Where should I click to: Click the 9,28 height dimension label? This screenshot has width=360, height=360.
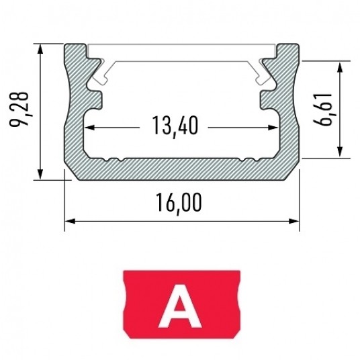tap(19, 109)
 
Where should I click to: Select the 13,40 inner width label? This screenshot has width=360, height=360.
tap(175, 126)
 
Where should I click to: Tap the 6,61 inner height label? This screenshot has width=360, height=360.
tap(323, 109)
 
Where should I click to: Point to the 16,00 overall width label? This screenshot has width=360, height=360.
tap(179, 203)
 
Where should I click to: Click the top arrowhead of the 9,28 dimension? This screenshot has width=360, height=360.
tap(40, 49)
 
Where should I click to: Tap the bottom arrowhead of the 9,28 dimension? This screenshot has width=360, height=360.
tap(40, 174)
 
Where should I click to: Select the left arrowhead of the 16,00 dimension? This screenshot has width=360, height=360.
tap(70, 221)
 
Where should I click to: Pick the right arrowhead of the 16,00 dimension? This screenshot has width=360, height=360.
tap(294, 221)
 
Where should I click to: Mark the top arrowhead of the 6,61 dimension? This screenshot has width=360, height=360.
tap(341, 66)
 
